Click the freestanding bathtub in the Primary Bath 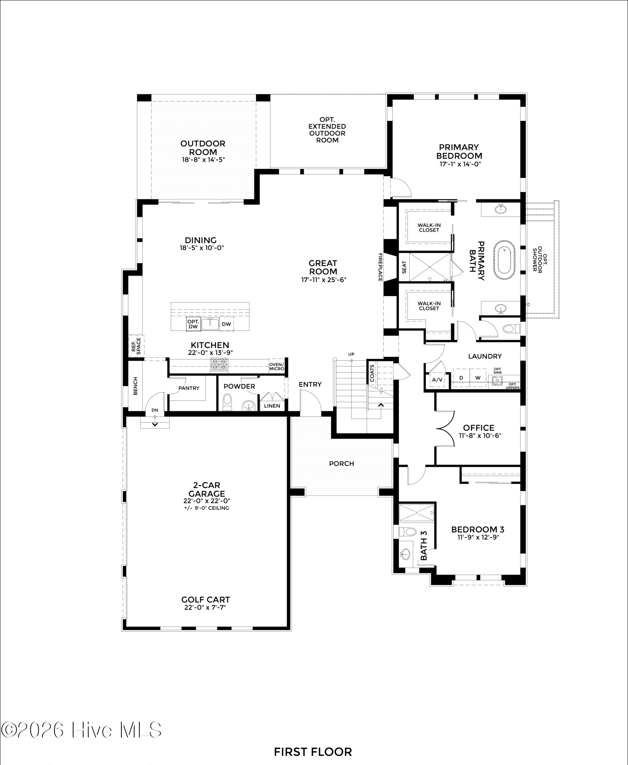point(506,257)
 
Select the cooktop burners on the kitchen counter point(219,365)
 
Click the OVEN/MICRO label point(276,366)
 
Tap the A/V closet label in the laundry point(437,380)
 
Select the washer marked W point(478,378)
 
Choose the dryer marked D point(461,378)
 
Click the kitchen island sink point(210,324)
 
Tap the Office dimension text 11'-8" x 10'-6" point(480,435)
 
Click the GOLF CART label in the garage point(206,599)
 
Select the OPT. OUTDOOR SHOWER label point(537,259)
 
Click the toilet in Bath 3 point(407,532)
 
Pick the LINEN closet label point(272,406)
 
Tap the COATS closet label point(372,373)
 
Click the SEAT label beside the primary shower point(404,267)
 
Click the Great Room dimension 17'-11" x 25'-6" point(324,280)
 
